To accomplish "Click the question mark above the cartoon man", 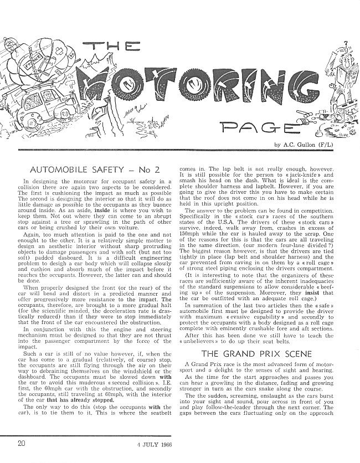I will (x=346, y=43).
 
